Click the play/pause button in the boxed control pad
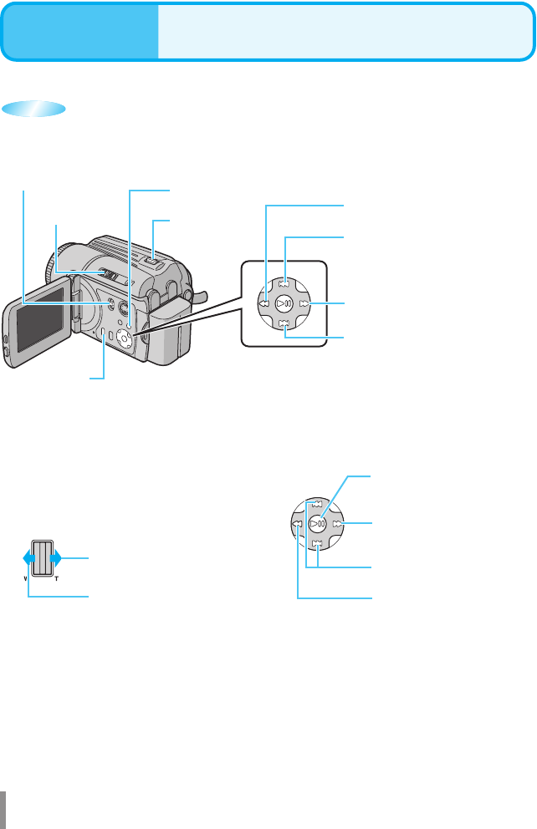click(x=284, y=303)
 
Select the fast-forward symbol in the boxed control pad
click(x=304, y=303)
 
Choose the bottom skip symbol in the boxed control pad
click(x=284, y=323)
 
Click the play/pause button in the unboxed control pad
click(x=318, y=524)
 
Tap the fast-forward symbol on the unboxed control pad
click(x=337, y=524)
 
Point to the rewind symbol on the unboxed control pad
click(x=298, y=524)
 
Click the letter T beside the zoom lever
click(x=57, y=578)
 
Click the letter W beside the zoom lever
click(x=26, y=578)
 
